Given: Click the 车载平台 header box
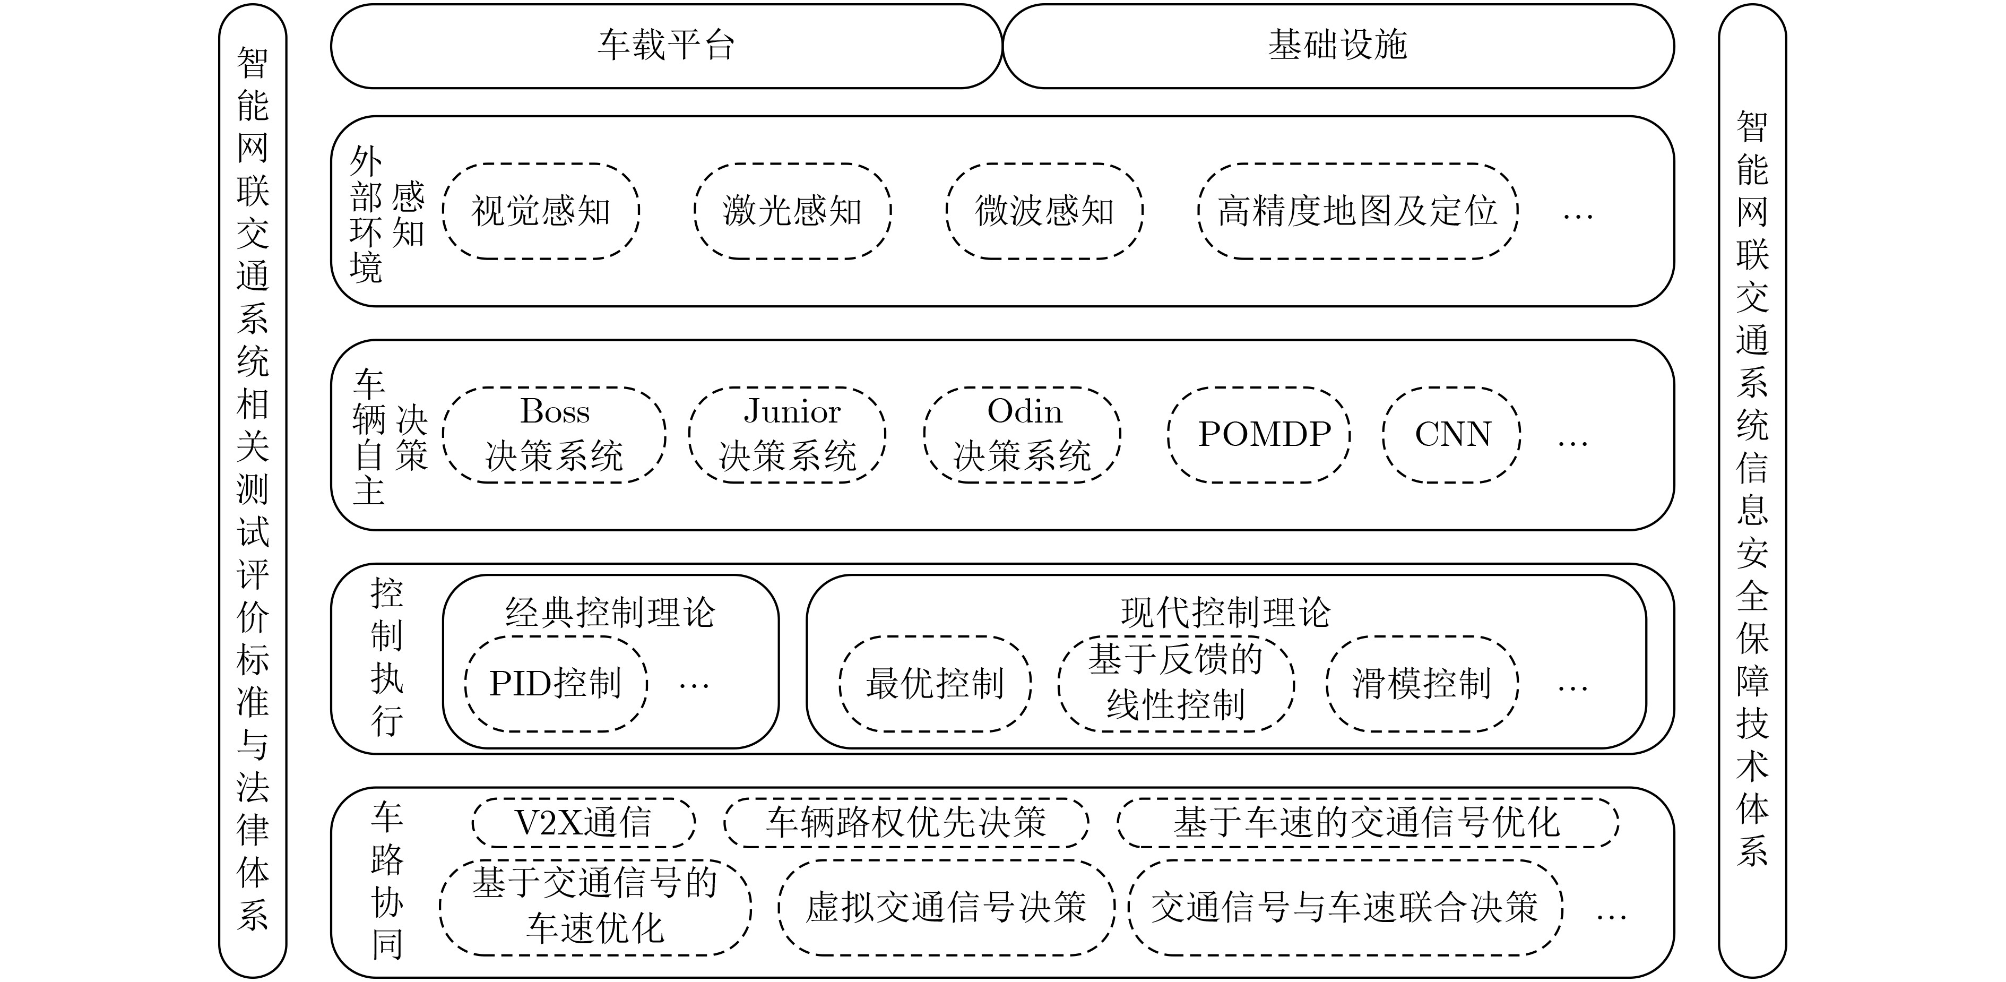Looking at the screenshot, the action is point(666,46).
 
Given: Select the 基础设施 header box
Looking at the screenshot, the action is point(1338,46).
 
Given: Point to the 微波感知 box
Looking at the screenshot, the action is point(1044,211).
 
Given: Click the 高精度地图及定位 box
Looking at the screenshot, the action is point(1358,211).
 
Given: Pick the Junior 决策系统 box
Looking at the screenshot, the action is point(788,435).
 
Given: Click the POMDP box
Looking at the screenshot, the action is point(1259,435).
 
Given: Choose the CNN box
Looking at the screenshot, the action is point(1451,435).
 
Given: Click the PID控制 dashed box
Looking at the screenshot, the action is point(556,684).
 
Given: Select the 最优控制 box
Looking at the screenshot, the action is point(935,684).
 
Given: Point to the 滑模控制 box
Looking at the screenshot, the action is point(1422,684).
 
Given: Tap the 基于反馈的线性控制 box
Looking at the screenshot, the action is point(1176,684).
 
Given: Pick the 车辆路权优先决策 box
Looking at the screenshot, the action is point(906,822).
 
